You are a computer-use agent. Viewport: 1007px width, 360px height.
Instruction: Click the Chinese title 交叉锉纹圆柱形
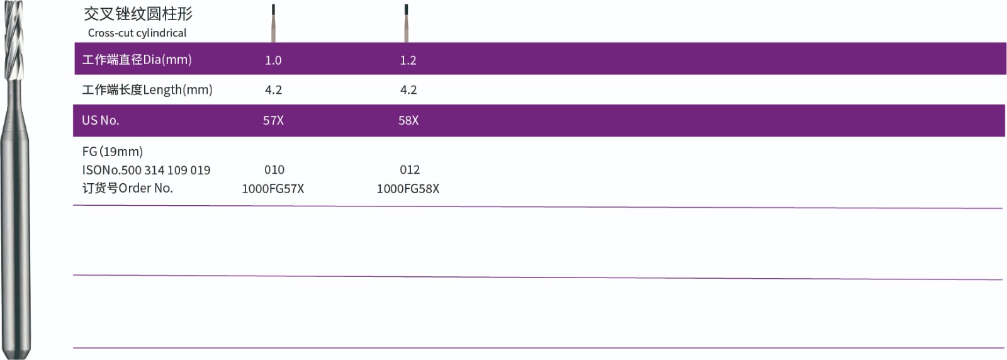pos(138,14)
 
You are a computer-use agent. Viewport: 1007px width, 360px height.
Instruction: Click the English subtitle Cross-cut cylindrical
pos(137,33)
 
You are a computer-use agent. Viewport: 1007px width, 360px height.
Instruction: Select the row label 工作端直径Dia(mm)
pos(137,59)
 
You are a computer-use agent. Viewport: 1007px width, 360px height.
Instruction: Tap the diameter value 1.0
pos(273,60)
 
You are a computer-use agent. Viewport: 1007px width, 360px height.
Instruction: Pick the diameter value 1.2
pos(408,60)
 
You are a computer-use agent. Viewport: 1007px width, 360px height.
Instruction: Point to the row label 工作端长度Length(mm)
pos(147,90)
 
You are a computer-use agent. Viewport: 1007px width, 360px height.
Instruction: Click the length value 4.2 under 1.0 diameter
pos(273,90)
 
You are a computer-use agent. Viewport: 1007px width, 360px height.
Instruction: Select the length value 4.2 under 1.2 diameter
pos(408,90)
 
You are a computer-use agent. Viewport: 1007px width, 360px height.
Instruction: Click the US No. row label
pos(100,120)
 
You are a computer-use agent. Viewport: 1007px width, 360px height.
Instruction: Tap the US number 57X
pos(273,120)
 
